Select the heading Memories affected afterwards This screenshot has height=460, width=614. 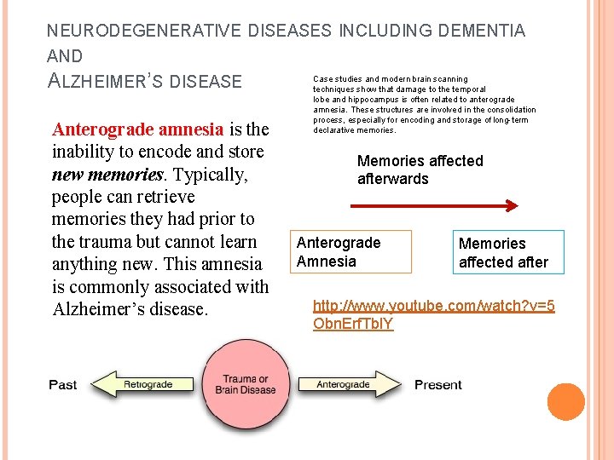pos(420,170)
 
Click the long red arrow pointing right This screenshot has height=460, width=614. pos(434,205)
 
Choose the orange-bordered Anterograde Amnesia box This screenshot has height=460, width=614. pos(351,251)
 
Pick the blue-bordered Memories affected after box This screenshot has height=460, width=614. pos(508,253)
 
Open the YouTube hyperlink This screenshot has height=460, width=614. pos(433,314)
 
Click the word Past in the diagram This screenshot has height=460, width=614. pos(63,385)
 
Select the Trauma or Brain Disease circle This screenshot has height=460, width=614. pos(246,384)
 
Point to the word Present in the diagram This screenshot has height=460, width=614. pos(438,385)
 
